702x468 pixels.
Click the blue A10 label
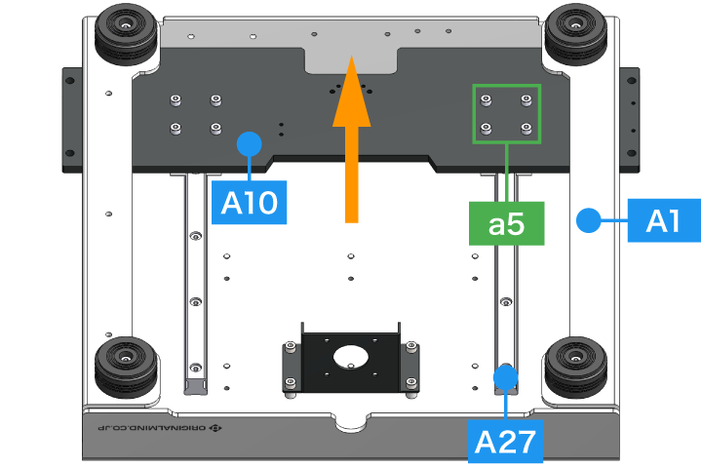250,203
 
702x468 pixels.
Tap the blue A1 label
663,222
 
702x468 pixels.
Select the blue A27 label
506,442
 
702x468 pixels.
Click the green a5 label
507,224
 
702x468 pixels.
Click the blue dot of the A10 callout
251,143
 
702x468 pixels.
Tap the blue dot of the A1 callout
588,221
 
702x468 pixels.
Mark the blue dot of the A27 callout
506,374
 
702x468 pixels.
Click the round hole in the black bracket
350,356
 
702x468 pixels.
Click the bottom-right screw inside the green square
526,128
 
